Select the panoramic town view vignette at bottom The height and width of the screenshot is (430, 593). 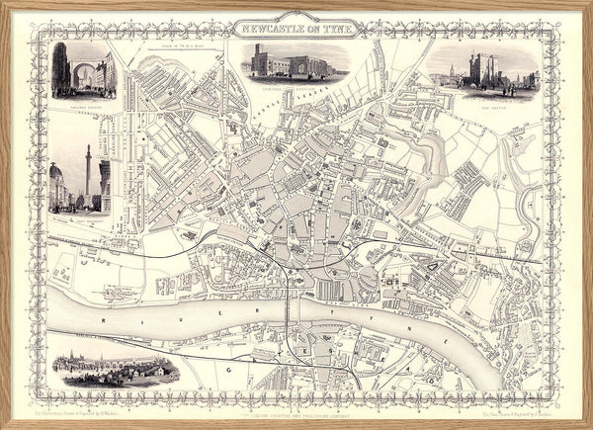coord(116,370)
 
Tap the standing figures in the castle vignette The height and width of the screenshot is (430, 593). coord(510,91)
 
